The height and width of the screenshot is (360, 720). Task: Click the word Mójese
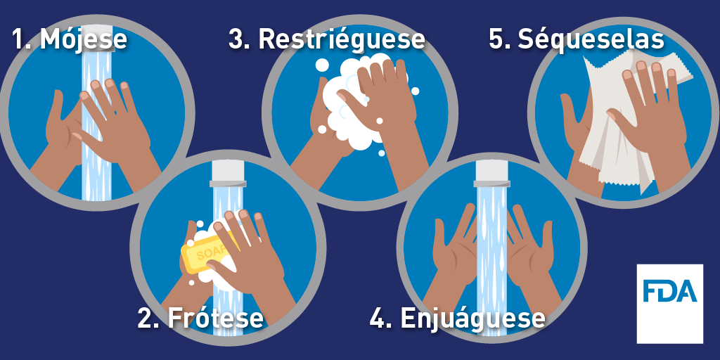click(x=84, y=39)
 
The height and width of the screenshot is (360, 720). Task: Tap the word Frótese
click(x=215, y=318)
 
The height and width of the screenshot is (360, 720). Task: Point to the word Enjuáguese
click(x=473, y=319)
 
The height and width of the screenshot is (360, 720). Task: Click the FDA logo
click(x=669, y=304)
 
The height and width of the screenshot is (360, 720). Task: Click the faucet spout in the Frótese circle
click(x=228, y=174)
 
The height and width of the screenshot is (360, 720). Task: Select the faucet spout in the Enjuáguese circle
click(x=491, y=174)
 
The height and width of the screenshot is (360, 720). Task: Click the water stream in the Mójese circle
click(x=96, y=124)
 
